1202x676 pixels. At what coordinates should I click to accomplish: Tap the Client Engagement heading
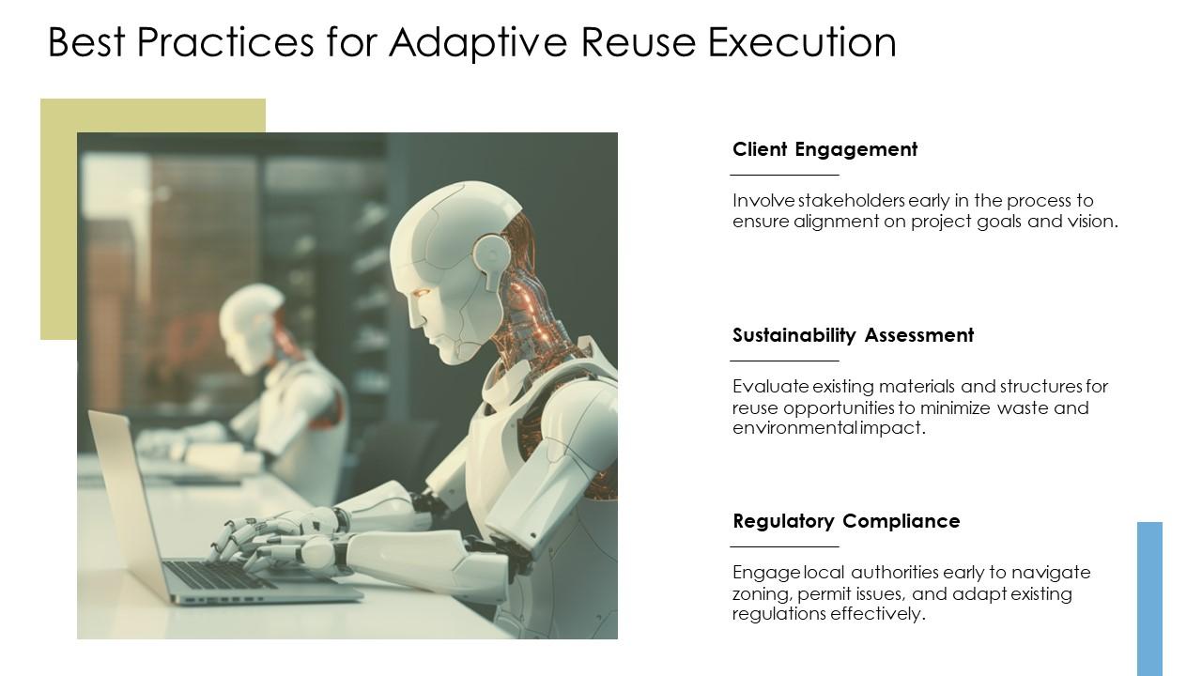(824, 149)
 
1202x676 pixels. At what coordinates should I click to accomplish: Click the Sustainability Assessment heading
(853, 335)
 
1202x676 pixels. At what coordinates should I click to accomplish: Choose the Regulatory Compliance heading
(846, 521)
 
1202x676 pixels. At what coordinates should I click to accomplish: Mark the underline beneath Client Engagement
(784, 175)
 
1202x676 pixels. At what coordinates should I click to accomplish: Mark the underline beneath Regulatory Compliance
(784, 546)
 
